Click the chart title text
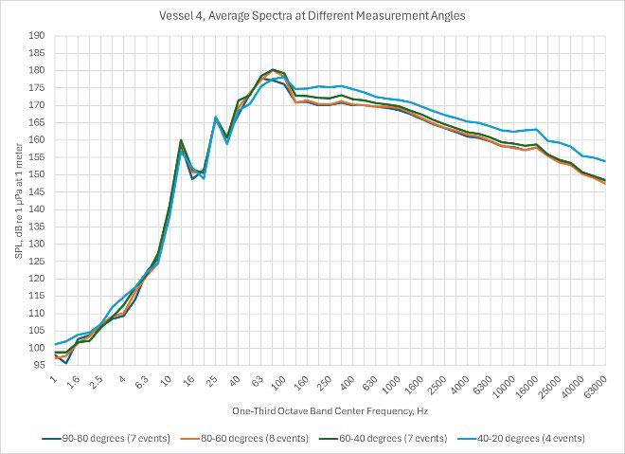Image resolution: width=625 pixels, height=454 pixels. point(312,16)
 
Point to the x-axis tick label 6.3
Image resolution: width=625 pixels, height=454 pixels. point(140,383)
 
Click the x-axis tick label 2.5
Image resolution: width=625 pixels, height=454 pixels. point(96,383)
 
